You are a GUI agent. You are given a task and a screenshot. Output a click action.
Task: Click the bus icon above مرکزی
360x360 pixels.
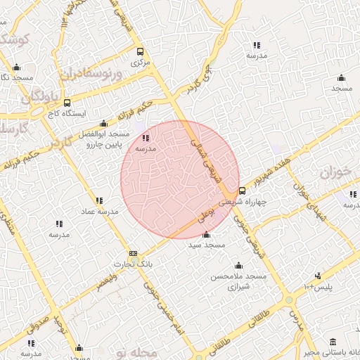(140, 51)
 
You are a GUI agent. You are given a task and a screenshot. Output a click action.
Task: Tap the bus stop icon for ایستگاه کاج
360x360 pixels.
(67, 103)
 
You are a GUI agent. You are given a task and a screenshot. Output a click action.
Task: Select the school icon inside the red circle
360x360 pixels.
(146, 139)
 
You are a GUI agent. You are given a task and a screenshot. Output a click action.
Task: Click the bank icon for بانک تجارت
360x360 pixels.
(133, 254)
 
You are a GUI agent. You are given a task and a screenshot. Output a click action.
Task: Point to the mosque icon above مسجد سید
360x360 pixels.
(205, 234)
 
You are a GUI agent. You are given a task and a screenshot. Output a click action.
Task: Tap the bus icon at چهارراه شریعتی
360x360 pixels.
(243, 191)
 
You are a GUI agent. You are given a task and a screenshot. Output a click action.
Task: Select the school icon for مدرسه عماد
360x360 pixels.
(99, 200)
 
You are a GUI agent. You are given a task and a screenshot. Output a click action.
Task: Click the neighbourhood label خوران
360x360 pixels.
(335, 172)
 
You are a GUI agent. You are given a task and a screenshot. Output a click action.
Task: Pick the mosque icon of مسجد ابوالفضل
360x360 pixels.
(105, 123)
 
